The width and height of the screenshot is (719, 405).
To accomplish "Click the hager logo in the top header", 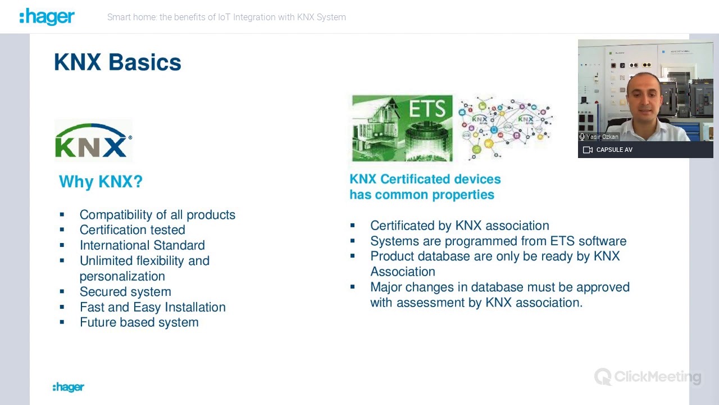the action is tap(47, 17).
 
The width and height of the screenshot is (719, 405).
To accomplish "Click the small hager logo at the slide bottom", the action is tap(69, 387).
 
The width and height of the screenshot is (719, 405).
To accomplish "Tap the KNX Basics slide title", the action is tap(117, 62).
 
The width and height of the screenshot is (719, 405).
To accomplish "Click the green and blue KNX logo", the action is tap(93, 141).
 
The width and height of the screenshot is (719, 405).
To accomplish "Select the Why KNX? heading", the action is tap(101, 182).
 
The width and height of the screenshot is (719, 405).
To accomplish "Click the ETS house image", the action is tap(402, 128).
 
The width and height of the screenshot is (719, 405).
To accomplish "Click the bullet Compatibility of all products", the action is tap(157, 215).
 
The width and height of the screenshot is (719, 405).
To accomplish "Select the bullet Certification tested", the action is tap(132, 230).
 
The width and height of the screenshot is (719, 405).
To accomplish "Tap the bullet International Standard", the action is tap(142, 245).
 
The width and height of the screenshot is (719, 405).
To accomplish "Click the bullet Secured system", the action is tap(125, 291).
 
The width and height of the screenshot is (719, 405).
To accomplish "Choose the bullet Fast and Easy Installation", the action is tap(153, 307).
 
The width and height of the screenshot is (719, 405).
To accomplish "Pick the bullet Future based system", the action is tap(139, 322).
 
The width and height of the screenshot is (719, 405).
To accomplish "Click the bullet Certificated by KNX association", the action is tap(459, 226).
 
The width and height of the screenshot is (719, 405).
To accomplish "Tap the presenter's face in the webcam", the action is tap(644, 98).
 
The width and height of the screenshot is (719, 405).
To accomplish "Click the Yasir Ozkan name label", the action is tap(602, 137).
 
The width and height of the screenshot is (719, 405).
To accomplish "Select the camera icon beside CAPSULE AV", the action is tap(588, 150).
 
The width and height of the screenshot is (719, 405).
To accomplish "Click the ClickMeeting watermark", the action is tap(648, 377).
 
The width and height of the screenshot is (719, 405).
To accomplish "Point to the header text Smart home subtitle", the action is tap(226, 17).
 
